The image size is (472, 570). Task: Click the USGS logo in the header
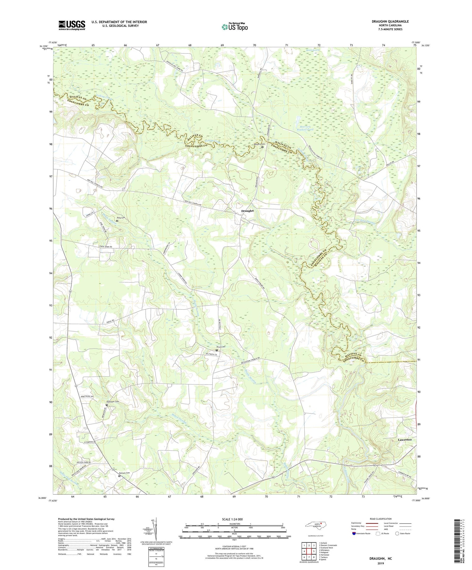pyautogui.click(x=71, y=25)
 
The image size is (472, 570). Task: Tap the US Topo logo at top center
pyautogui.click(x=234, y=27)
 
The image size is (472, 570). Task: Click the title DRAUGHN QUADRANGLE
pyautogui.click(x=390, y=21)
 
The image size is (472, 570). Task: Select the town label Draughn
pyautogui.click(x=247, y=211)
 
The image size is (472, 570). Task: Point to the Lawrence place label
pyautogui.click(x=405, y=440)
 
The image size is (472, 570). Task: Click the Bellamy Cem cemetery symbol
pyautogui.click(x=262, y=146)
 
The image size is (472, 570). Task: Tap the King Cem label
pyautogui.click(x=121, y=218)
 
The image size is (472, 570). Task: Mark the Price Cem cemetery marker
pyautogui.click(x=216, y=350)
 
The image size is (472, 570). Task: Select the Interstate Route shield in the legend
pyautogui.click(x=354, y=534)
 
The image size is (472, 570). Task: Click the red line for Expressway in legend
pyautogui.click(x=372, y=523)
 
